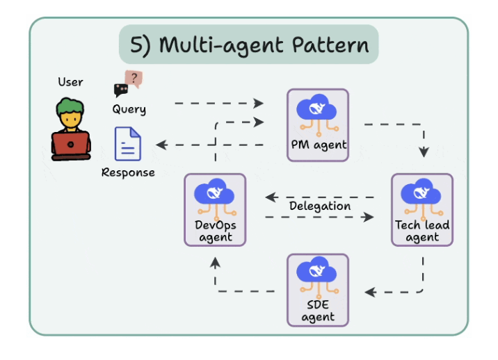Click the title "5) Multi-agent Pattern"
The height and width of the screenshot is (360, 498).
click(x=248, y=45)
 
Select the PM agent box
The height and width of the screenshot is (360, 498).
click(x=318, y=125)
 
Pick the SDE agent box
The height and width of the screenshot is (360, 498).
click(x=318, y=290)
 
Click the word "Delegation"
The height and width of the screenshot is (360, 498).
click(x=320, y=206)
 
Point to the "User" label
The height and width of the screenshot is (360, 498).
click(x=70, y=82)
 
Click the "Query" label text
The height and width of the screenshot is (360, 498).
click(x=129, y=109)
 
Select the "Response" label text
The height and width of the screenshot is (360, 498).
click(x=128, y=172)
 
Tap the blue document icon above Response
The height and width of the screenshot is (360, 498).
click(x=128, y=145)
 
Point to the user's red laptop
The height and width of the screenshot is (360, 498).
click(x=71, y=145)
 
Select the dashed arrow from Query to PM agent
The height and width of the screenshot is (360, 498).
click(x=219, y=104)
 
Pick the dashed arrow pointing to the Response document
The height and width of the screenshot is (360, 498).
click(x=209, y=145)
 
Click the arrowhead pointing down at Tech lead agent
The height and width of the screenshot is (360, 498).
click(x=422, y=153)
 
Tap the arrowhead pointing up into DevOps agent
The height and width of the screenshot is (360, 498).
click(x=215, y=262)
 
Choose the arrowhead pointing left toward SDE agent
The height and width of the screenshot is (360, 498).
click(x=371, y=292)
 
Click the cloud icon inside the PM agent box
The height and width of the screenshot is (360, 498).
click(x=318, y=110)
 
